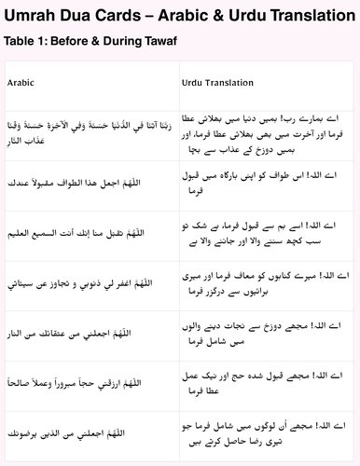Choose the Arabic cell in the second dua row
click(90, 184)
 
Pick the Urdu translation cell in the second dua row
click(266, 184)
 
